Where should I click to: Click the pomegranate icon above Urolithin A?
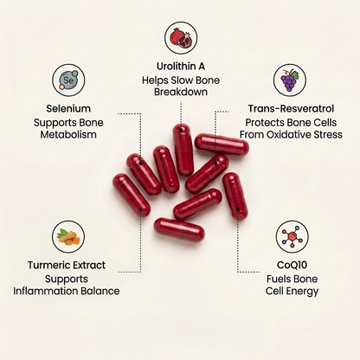pos(181,38)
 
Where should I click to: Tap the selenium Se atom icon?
pos(68,80)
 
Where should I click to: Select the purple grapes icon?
pos(290,80)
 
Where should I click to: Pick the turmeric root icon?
pos(68,237)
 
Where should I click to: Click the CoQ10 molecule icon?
pos(292,237)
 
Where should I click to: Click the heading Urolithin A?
pos(181,67)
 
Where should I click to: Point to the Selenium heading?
pos(68,109)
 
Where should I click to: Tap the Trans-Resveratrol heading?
pos(291,109)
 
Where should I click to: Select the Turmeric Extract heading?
pos(67,265)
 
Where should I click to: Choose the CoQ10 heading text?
pos(292,265)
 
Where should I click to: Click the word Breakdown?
pos(181,92)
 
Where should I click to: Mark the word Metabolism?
pos(68,135)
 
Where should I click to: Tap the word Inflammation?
pos(45,291)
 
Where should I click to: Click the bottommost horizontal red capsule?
pos(179,230)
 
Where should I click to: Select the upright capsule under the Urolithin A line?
pos(183,150)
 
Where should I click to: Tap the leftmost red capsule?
pos(132,196)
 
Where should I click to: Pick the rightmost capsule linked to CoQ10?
pos(235,196)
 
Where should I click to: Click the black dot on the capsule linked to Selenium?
pos(140,164)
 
